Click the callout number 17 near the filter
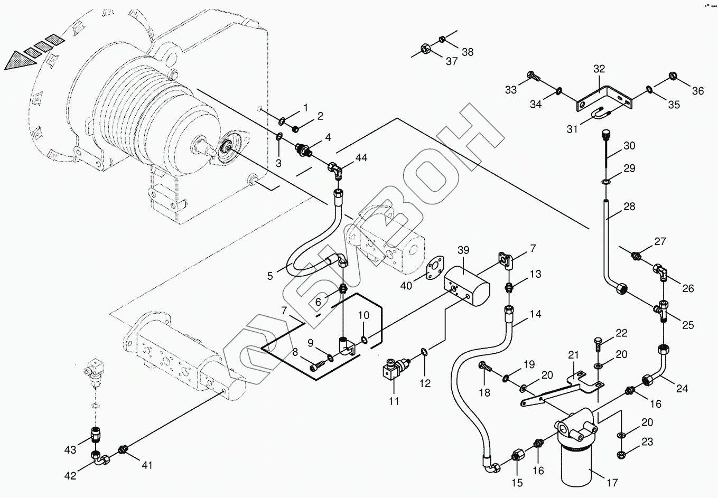pyautogui.click(x=612, y=483)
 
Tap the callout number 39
pyautogui.click(x=463, y=250)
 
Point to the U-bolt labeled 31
pyautogui.click(x=602, y=114)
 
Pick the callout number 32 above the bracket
pyautogui.click(x=599, y=69)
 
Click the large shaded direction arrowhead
pyautogui.click(x=21, y=61)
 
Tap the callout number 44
pyautogui.click(x=361, y=157)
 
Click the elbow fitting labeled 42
pyautogui.click(x=100, y=458)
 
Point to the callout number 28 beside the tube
pyautogui.click(x=629, y=206)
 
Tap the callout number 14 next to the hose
pyautogui.click(x=535, y=314)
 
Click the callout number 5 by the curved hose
pyautogui.click(x=270, y=276)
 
